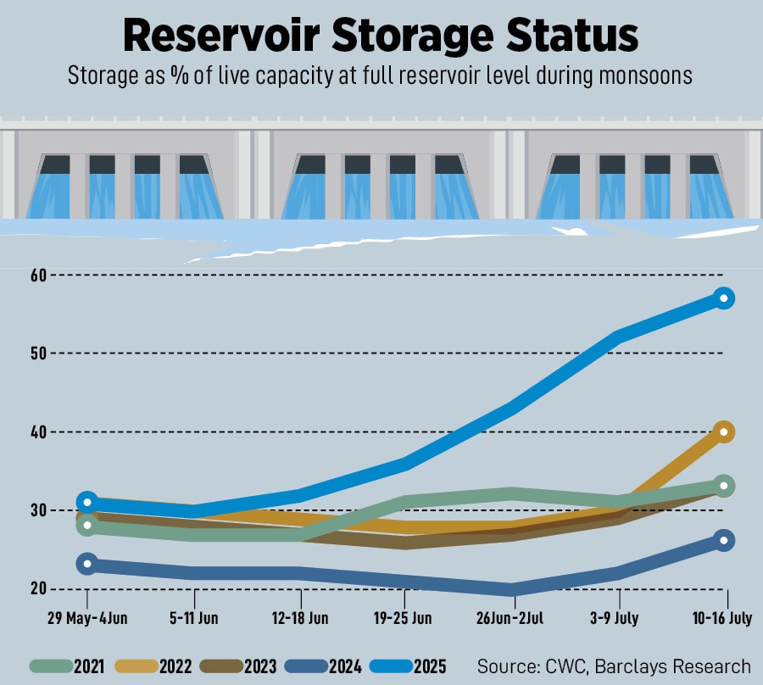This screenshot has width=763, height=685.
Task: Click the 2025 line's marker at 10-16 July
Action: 723,298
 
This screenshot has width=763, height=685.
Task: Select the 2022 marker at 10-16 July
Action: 723,432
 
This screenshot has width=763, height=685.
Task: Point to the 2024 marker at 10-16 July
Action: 723,540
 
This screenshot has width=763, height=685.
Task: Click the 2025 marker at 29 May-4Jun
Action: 86,503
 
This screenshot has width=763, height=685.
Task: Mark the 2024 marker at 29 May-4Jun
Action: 86,564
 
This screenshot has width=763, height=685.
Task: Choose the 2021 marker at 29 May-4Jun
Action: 86,526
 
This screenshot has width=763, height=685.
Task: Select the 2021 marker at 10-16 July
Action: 723,486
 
